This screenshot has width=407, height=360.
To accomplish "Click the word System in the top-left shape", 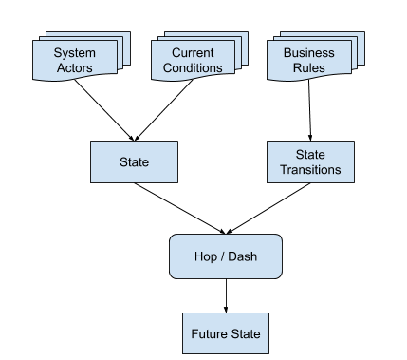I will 74,53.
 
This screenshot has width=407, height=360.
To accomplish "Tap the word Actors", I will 74,68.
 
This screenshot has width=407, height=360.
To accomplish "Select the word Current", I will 193,53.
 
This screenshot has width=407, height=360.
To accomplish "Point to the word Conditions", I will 193,68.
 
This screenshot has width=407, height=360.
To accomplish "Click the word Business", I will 308,53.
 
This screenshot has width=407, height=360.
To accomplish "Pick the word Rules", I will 308,68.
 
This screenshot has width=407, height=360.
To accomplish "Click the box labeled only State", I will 134,162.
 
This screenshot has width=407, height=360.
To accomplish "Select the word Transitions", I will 310,170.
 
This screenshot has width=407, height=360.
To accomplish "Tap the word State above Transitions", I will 310,155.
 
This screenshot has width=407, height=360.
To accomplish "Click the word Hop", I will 206,256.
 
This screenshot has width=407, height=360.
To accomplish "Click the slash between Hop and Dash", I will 223,256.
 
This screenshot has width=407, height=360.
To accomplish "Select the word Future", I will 209,334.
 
